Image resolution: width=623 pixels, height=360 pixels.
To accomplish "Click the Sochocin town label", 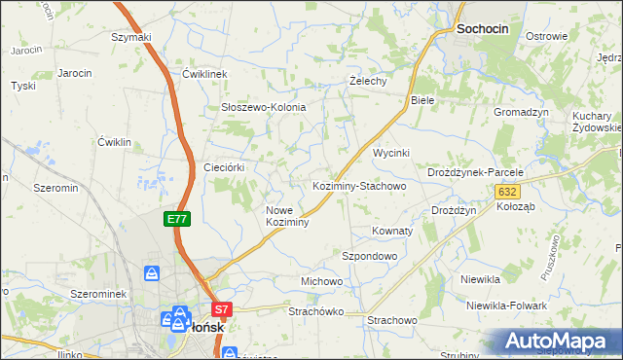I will tap(482, 30).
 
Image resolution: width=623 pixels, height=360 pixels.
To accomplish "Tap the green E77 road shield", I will tap(176, 220).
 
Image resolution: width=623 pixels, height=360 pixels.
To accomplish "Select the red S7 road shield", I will tap(222, 310).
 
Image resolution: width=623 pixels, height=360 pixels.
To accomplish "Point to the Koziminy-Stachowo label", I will tap(357, 185).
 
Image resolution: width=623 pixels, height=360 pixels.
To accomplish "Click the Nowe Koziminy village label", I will tap(287, 216).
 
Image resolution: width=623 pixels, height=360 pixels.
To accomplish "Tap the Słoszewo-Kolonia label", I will tap(264, 107).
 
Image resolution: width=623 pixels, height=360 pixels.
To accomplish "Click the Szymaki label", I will tap(131, 37).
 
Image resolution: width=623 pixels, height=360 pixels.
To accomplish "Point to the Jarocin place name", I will tap(75, 73).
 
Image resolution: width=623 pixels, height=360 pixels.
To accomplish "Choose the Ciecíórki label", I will tap(223, 167).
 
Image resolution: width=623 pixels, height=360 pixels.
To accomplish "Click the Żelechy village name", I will tap(369, 81).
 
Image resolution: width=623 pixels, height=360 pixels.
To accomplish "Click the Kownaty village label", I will tap(392, 232).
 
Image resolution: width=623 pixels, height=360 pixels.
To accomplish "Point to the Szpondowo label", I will tap(370, 256).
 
